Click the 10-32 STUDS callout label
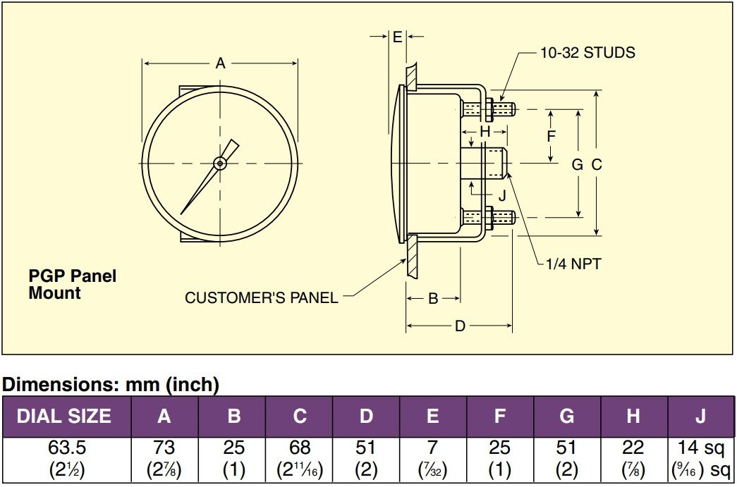coord(587,53)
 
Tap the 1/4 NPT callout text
coord(573,264)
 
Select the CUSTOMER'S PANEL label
coord(261,298)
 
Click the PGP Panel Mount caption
coord(72,284)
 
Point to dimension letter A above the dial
coord(220,64)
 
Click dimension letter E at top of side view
coord(397,37)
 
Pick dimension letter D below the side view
coord(460,327)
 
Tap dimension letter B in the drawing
coord(434,299)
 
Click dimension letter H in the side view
coord(485,132)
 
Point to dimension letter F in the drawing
coord(552,136)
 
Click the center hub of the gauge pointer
coord(220,164)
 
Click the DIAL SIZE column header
coord(64,417)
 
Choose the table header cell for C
coord(300,417)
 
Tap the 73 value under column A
coord(164,448)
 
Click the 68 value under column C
coord(300,448)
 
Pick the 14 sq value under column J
coord(700,448)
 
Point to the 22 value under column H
coord(633,448)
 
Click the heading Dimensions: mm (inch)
coord(111,385)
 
